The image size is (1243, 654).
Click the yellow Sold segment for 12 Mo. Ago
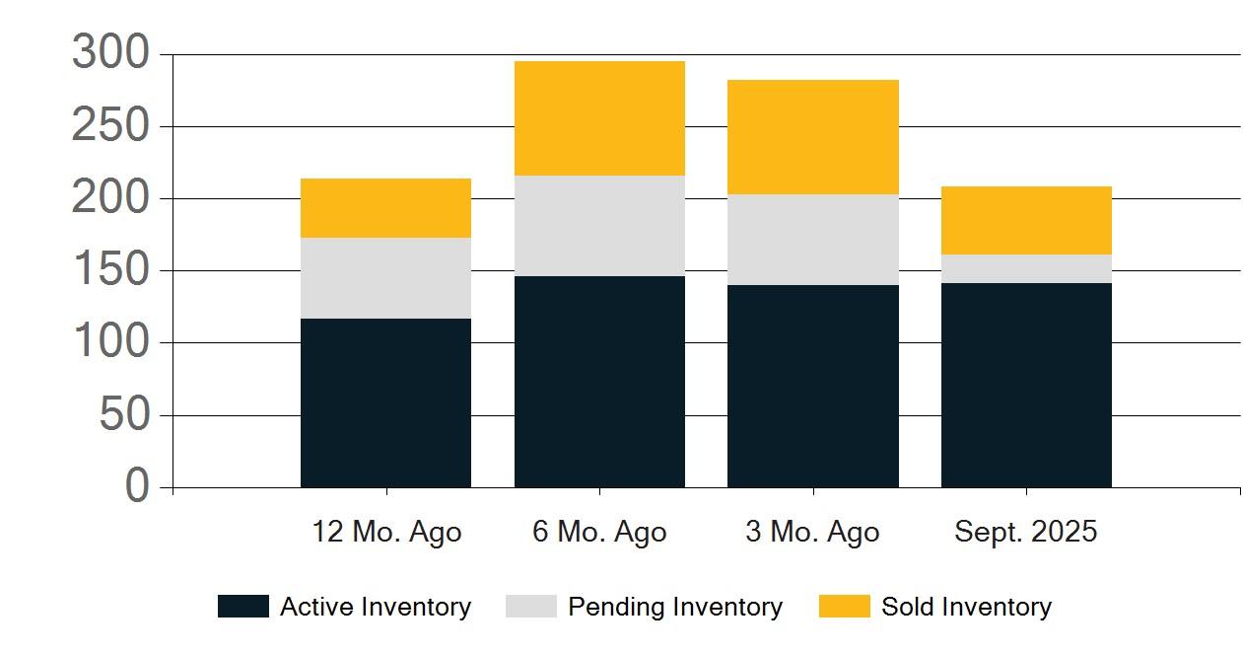(x=385, y=208)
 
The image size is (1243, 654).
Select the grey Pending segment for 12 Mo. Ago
(x=385, y=278)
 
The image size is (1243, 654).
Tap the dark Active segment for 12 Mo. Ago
(x=385, y=403)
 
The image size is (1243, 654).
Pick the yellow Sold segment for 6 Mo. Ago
(x=599, y=118)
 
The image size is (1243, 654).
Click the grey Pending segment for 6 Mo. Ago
(x=599, y=226)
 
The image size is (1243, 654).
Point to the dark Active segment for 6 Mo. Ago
(x=599, y=382)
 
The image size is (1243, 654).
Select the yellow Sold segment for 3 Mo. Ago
(x=813, y=137)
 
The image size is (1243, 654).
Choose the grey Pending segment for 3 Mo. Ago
(x=813, y=240)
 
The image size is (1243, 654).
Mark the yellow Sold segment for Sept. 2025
(x=1026, y=220)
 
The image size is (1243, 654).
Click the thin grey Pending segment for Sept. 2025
(x=1026, y=269)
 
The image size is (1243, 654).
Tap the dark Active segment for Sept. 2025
(x=1026, y=386)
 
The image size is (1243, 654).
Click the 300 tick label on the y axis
(x=111, y=52)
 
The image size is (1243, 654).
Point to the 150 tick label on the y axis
(x=111, y=268)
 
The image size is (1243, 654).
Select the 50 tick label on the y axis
(x=124, y=413)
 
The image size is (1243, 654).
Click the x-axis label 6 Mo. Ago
(x=599, y=532)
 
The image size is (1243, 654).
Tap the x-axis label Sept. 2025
(x=1026, y=532)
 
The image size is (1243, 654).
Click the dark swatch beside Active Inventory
(x=243, y=607)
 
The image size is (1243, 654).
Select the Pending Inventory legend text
(x=675, y=607)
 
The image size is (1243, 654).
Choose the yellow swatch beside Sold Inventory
(x=845, y=607)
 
